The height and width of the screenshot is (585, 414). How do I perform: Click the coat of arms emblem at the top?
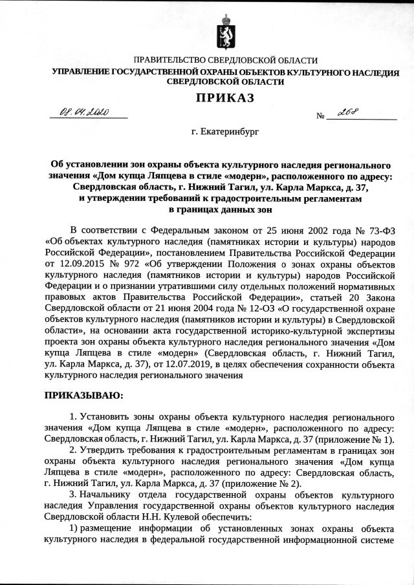(226, 30)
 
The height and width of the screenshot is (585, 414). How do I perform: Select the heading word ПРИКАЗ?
(225, 98)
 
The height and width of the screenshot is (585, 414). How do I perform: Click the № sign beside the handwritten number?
(320, 116)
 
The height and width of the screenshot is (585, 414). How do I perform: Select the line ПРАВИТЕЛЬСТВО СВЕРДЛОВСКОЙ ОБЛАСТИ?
(225, 60)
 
